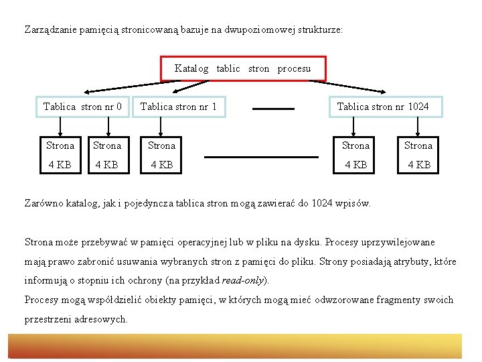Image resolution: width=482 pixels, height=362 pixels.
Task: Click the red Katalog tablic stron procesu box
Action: pos(243,68)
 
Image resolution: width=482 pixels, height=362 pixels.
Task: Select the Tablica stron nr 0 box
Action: pos(82,107)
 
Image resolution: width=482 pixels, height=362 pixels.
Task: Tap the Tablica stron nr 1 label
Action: pos(178,107)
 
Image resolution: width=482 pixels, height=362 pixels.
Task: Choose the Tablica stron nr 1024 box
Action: pos(383,107)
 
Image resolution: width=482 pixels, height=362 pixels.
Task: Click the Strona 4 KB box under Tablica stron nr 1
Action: pos(161,155)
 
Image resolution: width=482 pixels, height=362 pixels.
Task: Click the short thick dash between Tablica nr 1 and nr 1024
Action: pos(273,108)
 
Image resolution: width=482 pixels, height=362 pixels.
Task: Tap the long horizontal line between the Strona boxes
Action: pos(261,157)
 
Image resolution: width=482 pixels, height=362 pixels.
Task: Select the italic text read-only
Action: pos(245,280)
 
